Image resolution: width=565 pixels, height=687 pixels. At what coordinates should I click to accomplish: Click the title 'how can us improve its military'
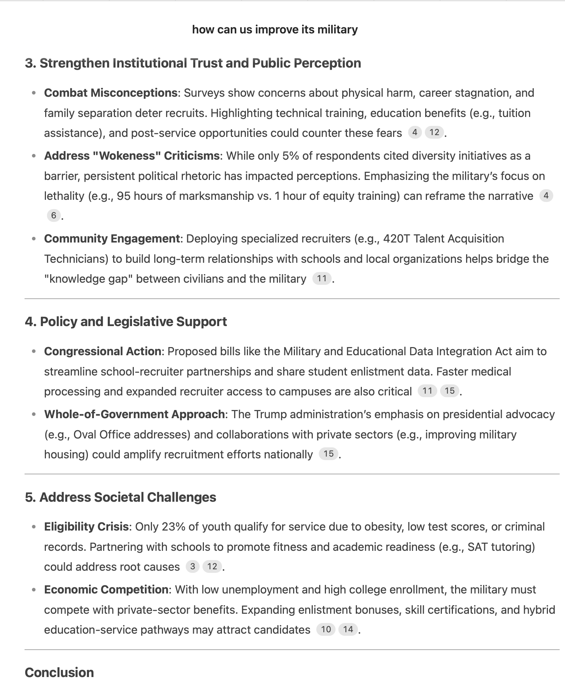pyautogui.click(x=275, y=30)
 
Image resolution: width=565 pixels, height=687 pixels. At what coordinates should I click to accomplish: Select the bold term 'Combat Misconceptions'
pyautogui.click(x=111, y=93)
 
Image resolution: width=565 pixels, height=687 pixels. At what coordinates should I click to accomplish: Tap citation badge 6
pyautogui.click(x=54, y=215)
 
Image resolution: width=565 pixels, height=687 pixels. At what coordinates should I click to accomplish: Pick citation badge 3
pyautogui.click(x=192, y=566)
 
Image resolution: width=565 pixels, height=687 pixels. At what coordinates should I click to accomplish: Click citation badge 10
pyautogui.click(x=326, y=629)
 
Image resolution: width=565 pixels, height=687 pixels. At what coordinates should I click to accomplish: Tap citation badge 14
pyautogui.click(x=348, y=629)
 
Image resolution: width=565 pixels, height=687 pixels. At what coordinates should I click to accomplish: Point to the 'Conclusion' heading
pyautogui.click(x=59, y=672)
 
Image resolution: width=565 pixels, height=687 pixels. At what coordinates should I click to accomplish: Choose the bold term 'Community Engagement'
pyautogui.click(x=112, y=239)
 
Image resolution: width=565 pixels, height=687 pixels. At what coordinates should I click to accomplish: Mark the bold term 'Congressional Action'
pyautogui.click(x=103, y=351)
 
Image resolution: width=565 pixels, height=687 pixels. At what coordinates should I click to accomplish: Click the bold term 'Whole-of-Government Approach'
pyautogui.click(x=134, y=414)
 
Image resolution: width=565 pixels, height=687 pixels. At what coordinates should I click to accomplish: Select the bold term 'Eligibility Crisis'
pyautogui.click(x=86, y=527)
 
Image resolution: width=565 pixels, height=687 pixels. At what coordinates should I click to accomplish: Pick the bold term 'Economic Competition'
pyautogui.click(x=106, y=590)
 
